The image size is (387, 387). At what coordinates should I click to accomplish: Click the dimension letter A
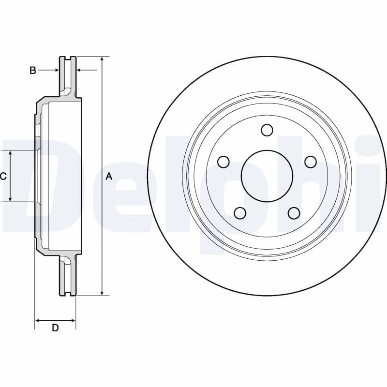109,177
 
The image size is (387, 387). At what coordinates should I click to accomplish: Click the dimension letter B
32,71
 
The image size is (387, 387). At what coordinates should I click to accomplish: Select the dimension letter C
3,177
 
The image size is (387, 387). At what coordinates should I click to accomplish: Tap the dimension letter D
55,328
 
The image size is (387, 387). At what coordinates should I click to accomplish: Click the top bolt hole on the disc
267,130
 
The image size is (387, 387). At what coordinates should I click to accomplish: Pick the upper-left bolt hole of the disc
223,162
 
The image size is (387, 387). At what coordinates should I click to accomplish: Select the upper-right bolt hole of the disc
310,162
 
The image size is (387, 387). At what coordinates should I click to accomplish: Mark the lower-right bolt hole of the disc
293,213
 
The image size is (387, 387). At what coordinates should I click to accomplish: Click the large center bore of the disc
267,176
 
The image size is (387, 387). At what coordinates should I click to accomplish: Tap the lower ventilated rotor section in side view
68,277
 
